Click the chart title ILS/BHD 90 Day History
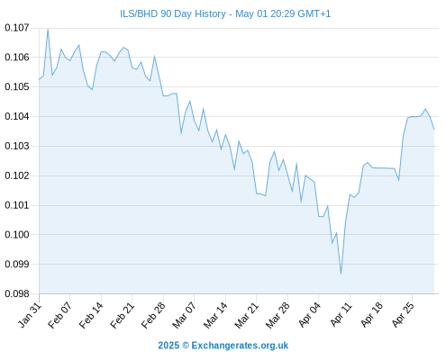[x=173, y=13]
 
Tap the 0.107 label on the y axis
[x=17, y=28]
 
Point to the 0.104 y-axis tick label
[x=17, y=116]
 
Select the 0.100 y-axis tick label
[x=17, y=235]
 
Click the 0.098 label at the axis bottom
[x=17, y=293]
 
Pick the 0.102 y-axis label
[x=17, y=175]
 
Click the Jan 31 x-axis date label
[x=30, y=315]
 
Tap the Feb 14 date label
[x=91, y=315]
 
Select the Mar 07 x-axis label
[x=184, y=315]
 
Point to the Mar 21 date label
[x=246, y=315]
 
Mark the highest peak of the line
[x=48, y=30]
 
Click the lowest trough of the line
[x=341, y=274]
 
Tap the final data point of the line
[x=434, y=130]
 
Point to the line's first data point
[x=39, y=79]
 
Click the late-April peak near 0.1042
[x=425, y=109]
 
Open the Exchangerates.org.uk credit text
[x=240, y=346]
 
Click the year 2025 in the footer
[x=168, y=346]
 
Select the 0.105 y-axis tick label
[x=17, y=87]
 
